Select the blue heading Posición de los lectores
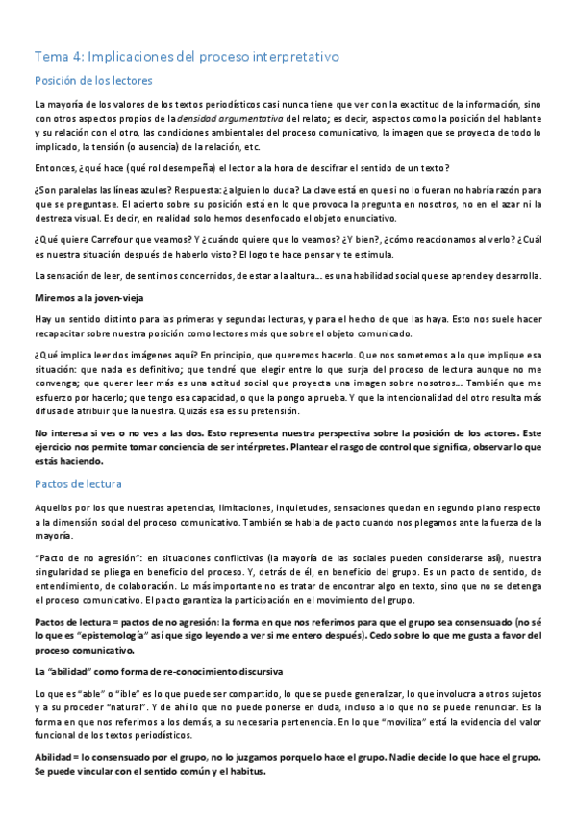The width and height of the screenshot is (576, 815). tap(93, 81)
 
